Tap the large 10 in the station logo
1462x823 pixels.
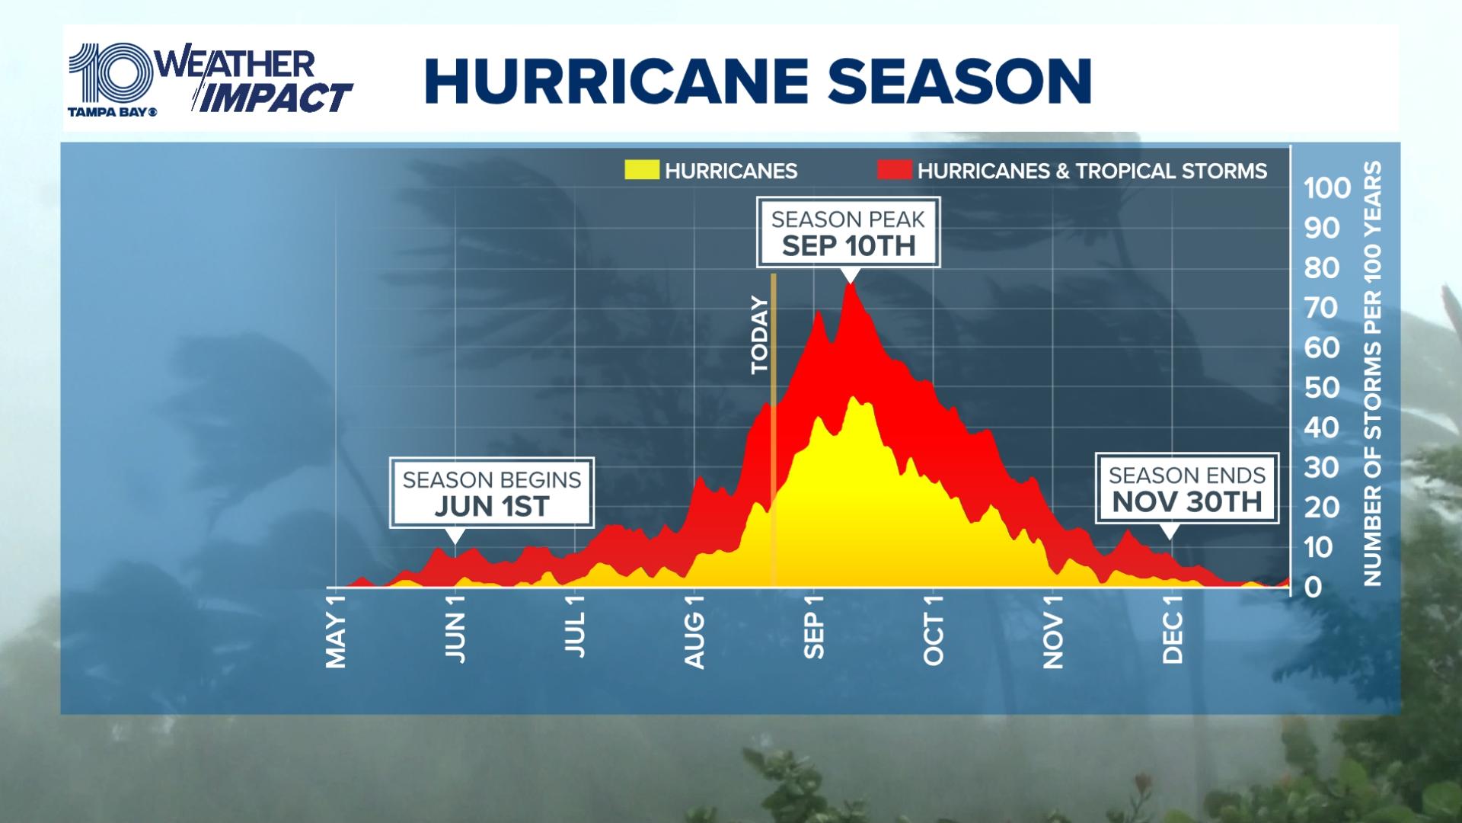[x=110, y=74]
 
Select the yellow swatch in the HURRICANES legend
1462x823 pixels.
[x=640, y=170]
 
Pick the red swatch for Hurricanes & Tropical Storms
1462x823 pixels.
[x=894, y=170]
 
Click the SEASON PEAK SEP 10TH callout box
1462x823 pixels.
[x=848, y=232]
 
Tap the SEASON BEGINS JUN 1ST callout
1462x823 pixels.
[x=492, y=493]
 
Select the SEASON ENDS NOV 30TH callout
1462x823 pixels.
[x=1186, y=488]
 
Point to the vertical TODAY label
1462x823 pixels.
[x=760, y=335]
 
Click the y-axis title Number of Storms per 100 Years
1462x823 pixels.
[x=1372, y=373]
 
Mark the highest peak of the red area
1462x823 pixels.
[x=850, y=284]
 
